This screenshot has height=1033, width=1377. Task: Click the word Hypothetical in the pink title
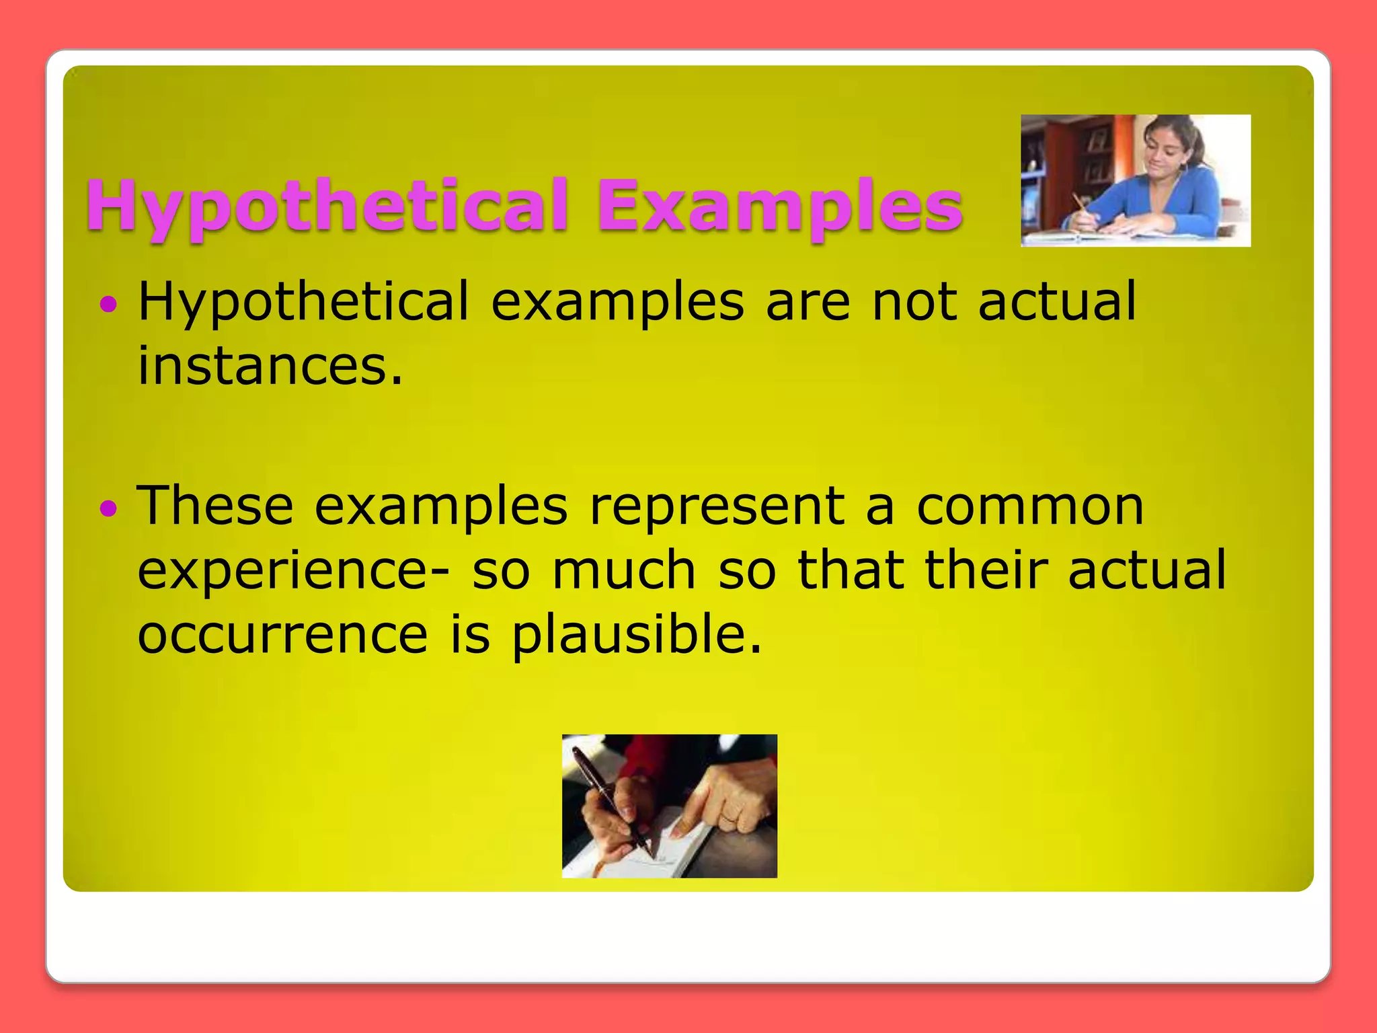(327, 206)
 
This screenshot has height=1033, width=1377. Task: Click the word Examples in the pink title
(780, 206)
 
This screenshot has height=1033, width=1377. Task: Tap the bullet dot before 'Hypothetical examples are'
(108, 305)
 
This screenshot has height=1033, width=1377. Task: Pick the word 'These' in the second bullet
(215, 506)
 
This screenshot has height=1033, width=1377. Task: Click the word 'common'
(1030, 507)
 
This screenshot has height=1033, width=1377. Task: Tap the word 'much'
(624, 570)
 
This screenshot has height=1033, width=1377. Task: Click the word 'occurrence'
(282, 635)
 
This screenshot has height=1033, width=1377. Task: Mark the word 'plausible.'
(637, 636)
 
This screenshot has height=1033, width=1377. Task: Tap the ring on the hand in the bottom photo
(730, 816)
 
